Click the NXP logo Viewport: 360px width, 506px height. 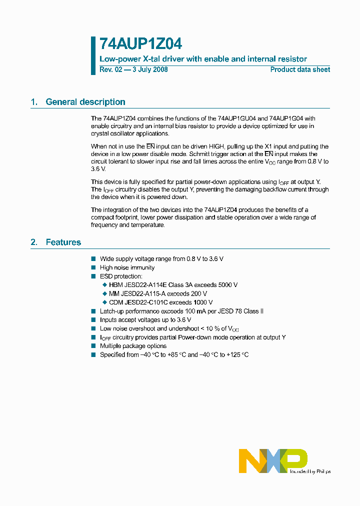tap(272, 460)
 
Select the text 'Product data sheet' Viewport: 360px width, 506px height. tap(300, 69)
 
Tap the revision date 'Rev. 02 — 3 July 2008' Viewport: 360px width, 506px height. tap(133, 69)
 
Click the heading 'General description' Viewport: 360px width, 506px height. tap(85, 102)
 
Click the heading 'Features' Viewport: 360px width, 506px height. tap(63, 242)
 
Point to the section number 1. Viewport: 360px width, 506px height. tap(34, 102)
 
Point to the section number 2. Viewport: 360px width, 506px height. tap(34, 242)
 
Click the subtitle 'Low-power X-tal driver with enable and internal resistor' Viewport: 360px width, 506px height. tap(203, 59)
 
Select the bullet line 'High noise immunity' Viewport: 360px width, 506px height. tap(127, 267)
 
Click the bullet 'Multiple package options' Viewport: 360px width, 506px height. tap(133, 346)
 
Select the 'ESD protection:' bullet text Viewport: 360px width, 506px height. tap(121, 276)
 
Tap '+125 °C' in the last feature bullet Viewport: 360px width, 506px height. tap(237, 355)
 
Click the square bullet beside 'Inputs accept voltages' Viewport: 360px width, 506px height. tap(93, 320)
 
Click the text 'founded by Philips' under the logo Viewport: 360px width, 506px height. tap(310, 471)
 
